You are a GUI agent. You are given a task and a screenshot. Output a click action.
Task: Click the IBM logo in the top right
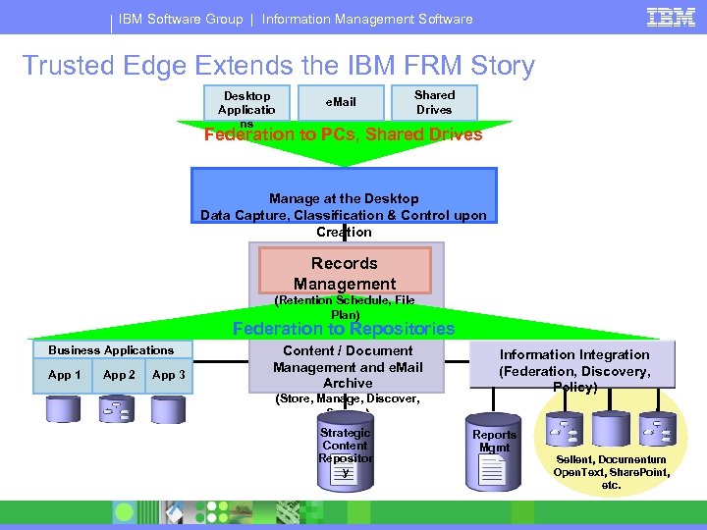pos(671,17)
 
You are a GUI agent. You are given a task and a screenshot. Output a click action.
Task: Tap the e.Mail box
pos(341,102)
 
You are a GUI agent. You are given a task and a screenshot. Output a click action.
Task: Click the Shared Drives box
pos(434,102)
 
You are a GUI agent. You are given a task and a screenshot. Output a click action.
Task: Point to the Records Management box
pos(345,272)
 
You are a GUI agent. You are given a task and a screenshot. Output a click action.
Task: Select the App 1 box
pos(65,375)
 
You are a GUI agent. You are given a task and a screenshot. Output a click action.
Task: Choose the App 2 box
pos(119,375)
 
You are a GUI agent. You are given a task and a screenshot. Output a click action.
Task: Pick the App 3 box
pos(168,375)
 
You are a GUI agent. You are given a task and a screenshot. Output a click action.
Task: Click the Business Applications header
pos(111,349)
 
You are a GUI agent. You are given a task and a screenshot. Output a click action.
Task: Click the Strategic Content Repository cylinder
pos(346,451)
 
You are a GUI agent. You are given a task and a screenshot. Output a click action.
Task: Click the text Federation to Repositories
pos(343,329)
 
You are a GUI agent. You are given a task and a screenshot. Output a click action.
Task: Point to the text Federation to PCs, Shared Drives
pos(343,134)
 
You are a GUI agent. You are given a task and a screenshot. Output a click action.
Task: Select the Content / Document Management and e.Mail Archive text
pos(348,366)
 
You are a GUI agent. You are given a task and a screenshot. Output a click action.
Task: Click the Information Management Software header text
pos(367,19)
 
